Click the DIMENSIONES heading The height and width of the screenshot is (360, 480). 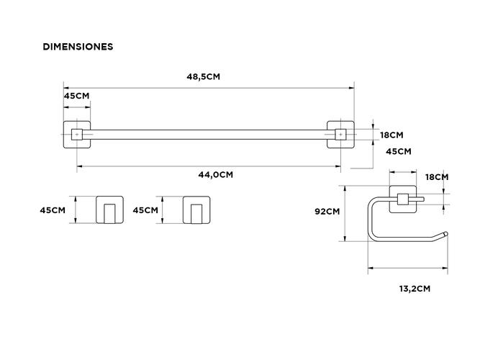point(78,47)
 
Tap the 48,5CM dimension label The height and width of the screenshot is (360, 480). point(203,76)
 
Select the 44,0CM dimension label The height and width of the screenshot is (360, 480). point(215,175)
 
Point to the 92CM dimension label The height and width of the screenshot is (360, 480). point(327,212)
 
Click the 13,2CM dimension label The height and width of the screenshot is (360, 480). point(415,289)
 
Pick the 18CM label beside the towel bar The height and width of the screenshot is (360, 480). point(391,135)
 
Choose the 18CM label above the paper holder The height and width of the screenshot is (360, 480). point(437,177)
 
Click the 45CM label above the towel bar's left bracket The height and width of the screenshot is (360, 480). point(76,96)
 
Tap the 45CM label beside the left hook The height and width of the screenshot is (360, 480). point(53,210)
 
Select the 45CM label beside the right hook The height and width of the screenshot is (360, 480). point(145,210)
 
